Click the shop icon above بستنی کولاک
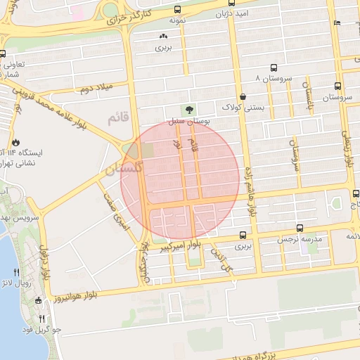click(243, 96)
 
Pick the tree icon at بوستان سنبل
click(188, 110)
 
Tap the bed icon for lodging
click(337, 22)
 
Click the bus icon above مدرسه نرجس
click(300, 228)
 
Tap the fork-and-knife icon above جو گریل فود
click(41, 319)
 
